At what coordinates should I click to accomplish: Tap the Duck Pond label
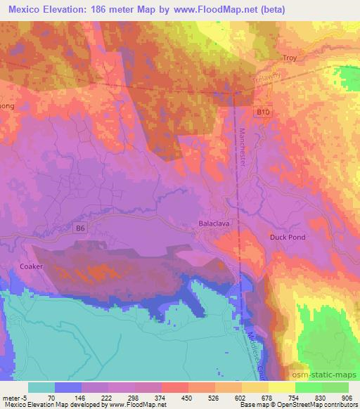click(288, 238)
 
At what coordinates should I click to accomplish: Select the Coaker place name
click(32, 266)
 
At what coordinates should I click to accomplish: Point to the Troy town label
click(290, 58)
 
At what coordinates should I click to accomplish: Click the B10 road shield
click(263, 112)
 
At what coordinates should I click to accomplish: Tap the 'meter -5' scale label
click(13, 396)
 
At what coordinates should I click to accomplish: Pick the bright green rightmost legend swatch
click(335, 387)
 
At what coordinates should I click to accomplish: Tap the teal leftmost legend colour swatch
click(41, 387)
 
